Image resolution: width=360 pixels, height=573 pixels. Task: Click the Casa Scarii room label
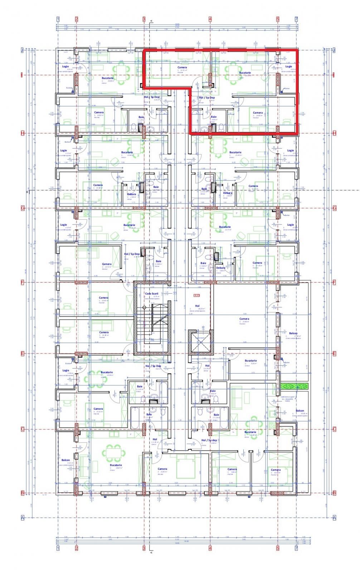click(151, 294)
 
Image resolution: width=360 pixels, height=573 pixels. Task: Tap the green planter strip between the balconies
click(294, 386)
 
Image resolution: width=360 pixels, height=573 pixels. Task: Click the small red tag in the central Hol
click(196, 295)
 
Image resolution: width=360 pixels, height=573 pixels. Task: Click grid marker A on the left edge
click(22, 517)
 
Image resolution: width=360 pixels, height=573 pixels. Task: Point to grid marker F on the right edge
click(334, 282)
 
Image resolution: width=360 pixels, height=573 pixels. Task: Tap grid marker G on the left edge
click(22, 208)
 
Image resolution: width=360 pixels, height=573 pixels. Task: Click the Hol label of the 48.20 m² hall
click(197, 306)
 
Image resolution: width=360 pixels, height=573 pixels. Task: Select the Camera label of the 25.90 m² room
click(244, 319)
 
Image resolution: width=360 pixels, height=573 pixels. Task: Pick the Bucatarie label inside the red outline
click(245, 73)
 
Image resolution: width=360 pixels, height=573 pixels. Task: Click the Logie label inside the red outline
click(288, 67)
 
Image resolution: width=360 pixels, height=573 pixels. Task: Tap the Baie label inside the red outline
click(214, 117)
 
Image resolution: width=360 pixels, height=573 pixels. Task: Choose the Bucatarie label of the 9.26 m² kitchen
click(250, 361)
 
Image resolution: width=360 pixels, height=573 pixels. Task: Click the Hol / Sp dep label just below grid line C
click(209, 440)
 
